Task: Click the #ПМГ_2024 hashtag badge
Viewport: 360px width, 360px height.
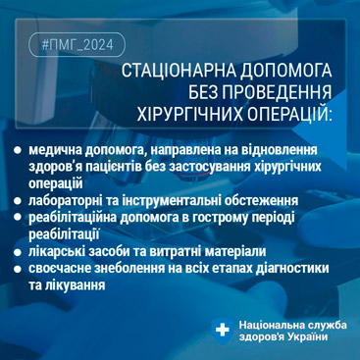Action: tap(77, 45)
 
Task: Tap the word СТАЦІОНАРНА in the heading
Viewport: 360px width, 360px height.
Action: tap(180, 72)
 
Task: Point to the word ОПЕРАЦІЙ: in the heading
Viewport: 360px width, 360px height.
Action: tap(287, 115)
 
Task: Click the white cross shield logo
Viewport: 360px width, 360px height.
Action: tap(222, 330)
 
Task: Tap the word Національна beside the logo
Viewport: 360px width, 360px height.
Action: tap(272, 325)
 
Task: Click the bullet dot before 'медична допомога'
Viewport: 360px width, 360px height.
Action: tap(18, 151)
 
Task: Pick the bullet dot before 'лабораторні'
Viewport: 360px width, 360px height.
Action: tap(18, 200)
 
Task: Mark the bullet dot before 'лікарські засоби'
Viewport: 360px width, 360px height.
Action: tap(18, 252)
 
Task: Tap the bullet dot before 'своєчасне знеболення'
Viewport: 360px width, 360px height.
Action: tap(18, 269)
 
